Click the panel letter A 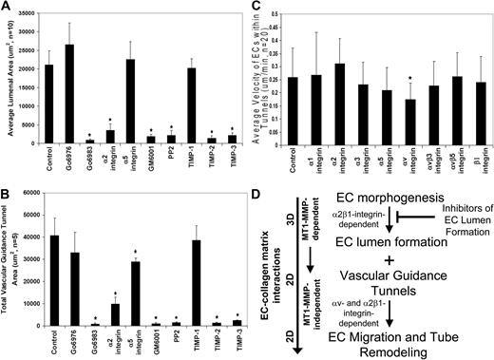[x=8, y=8]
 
